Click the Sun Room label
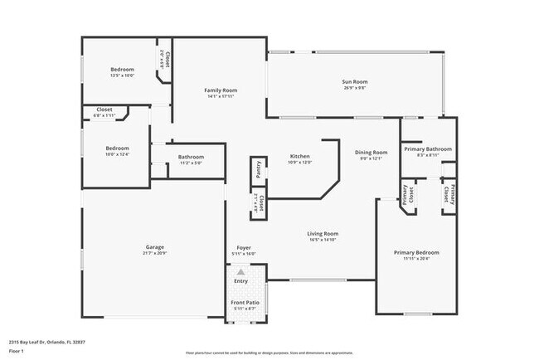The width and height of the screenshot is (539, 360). point(355,81)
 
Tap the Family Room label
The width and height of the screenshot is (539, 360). point(221,90)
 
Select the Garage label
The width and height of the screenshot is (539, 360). point(154,246)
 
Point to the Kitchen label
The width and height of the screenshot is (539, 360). point(299,156)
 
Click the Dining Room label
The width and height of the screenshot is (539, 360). point(371,152)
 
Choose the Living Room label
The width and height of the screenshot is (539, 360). point(323,233)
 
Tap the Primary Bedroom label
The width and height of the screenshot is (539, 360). point(416,252)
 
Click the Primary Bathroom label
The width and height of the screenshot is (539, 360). point(428,148)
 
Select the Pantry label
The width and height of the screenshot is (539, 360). point(259,169)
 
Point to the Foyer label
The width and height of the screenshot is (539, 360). point(244,247)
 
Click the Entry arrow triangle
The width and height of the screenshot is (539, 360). point(240,271)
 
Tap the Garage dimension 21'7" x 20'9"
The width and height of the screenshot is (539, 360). point(154,253)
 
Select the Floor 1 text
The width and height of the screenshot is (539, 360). point(17,350)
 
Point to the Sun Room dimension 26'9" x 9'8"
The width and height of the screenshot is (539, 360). point(355,87)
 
